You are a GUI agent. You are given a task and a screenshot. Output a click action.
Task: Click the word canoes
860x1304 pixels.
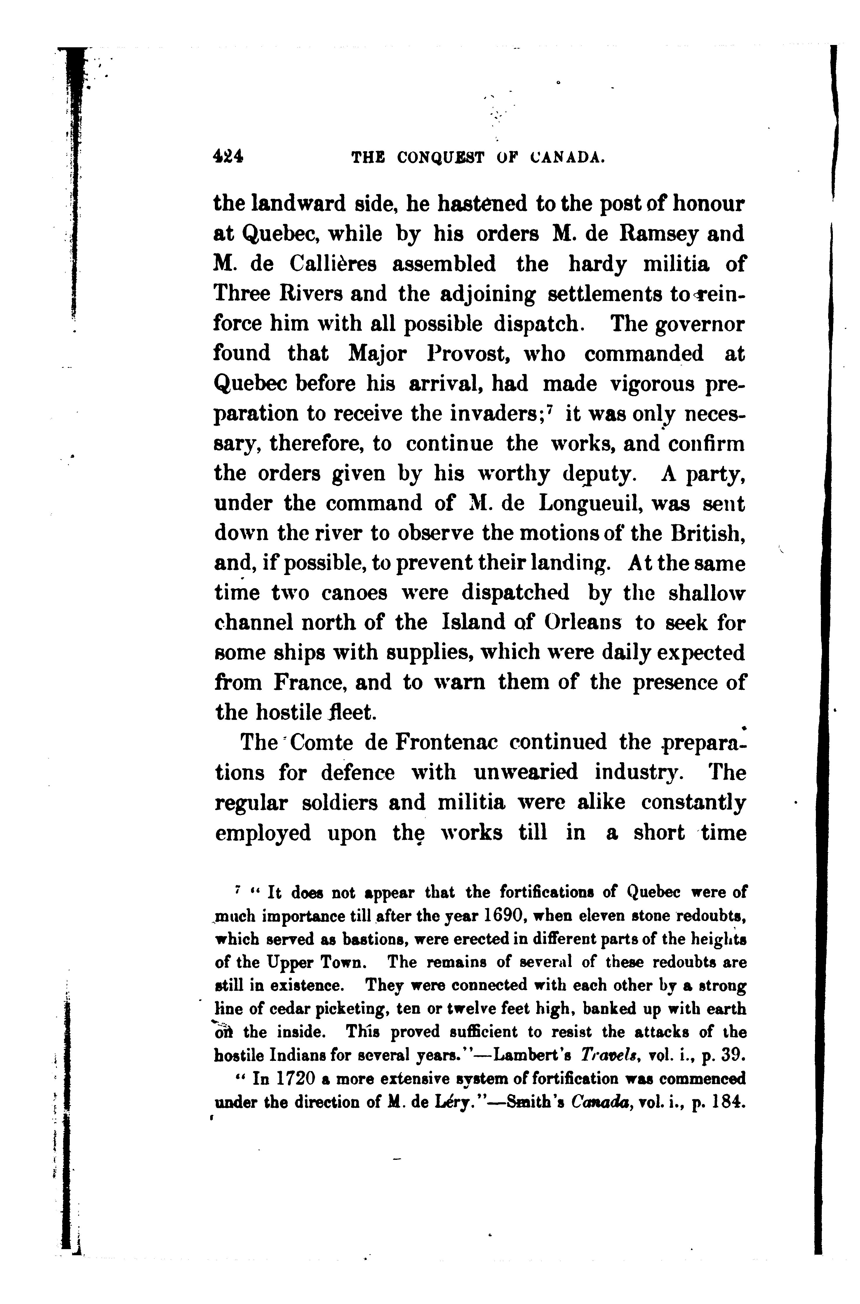[x=359, y=593]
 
